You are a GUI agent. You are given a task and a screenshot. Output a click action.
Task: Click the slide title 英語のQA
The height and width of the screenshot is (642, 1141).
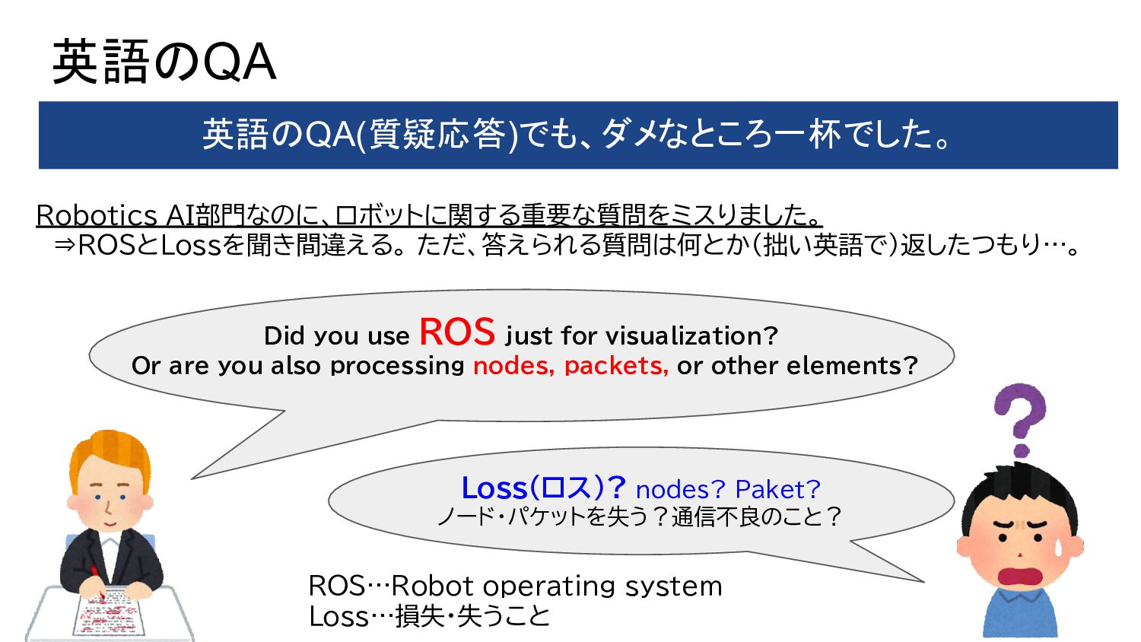click(x=164, y=62)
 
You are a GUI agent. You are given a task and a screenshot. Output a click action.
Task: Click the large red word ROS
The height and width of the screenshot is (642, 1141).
click(x=456, y=332)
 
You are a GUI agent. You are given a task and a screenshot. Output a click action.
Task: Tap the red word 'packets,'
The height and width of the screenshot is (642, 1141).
click(x=616, y=366)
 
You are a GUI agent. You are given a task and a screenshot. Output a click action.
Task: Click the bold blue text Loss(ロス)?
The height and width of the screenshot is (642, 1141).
click(x=543, y=488)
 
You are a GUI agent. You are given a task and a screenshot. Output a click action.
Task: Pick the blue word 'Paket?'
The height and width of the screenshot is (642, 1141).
click(x=777, y=489)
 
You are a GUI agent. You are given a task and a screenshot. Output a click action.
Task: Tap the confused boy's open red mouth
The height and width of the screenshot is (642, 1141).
click(x=1019, y=577)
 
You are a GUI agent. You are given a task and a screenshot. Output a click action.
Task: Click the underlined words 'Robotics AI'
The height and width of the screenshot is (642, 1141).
click(x=114, y=215)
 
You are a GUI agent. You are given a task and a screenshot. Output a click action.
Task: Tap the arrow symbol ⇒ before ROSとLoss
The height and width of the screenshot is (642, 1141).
click(x=65, y=245)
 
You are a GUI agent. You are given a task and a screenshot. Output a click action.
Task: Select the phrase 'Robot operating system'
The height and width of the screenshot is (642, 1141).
click(x=557, y=586)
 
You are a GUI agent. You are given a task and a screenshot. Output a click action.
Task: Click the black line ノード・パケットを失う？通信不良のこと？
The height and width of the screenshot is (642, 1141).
click(x=639, y=517)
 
